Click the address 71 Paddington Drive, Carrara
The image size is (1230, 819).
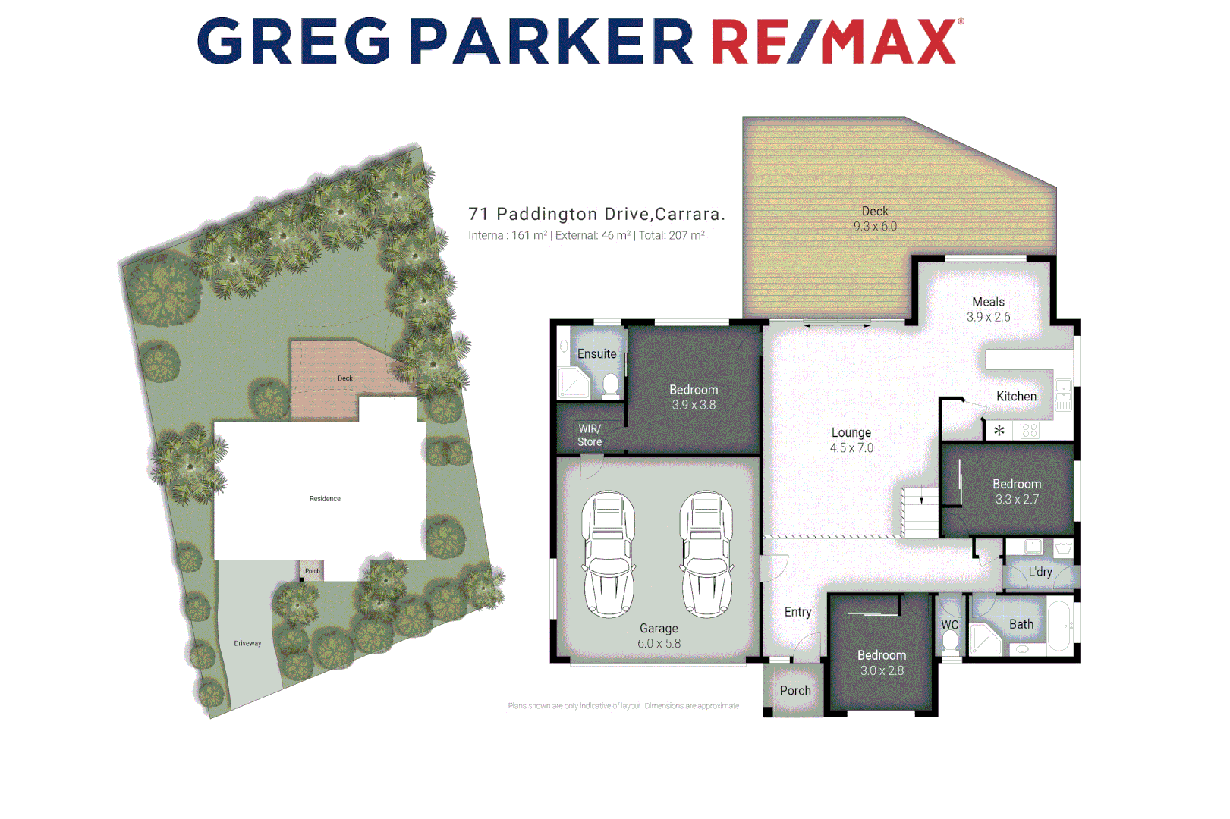(596, 215)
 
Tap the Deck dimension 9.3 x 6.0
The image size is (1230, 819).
(875, 226)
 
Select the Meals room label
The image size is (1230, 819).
(988, 302)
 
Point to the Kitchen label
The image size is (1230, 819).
(1016, 397)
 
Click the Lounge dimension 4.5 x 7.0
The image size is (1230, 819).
(851, 448)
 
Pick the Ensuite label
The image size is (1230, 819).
(596, 354)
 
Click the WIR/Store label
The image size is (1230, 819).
(590, 435)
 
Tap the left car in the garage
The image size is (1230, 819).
(608, 554)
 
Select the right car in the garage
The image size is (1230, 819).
(706, 554)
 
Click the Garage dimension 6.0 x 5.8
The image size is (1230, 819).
(659, 644)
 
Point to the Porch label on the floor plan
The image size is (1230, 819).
(795, 691)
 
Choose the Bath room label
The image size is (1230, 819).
(1021, 624)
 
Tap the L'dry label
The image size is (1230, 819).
(1040, 572)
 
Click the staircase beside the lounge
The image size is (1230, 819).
(920, 512)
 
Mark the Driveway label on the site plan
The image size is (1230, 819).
(247, 644)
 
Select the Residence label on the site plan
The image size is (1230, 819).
(325, 499)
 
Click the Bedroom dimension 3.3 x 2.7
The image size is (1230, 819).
(1017, 500)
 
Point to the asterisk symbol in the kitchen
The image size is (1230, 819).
(999, 431)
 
